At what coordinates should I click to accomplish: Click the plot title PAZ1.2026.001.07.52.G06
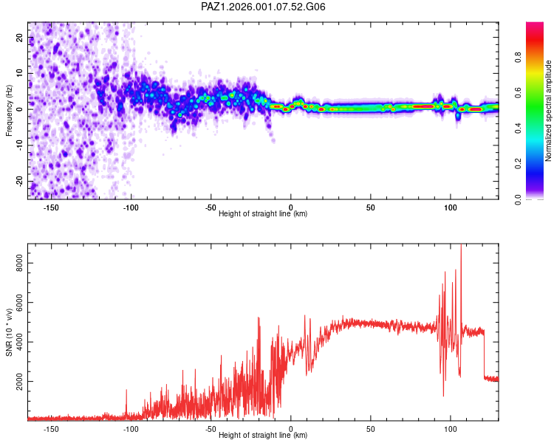(264, 7)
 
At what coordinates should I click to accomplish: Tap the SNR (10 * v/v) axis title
(9, 332)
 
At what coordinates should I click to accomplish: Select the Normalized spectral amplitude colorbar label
(549, 111)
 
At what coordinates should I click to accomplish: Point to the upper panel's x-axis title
(263, 214)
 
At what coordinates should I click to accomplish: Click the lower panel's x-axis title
(263, 436)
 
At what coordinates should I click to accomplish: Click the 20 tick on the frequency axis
(19, 37)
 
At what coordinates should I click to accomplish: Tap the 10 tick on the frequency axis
(19, 73)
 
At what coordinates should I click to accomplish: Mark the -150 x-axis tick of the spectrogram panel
(51, 207)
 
